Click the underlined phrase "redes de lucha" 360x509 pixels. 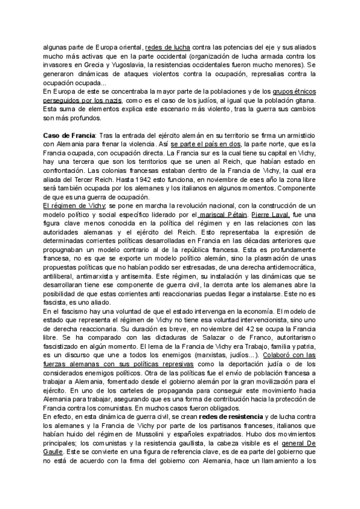coord(168,46)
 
